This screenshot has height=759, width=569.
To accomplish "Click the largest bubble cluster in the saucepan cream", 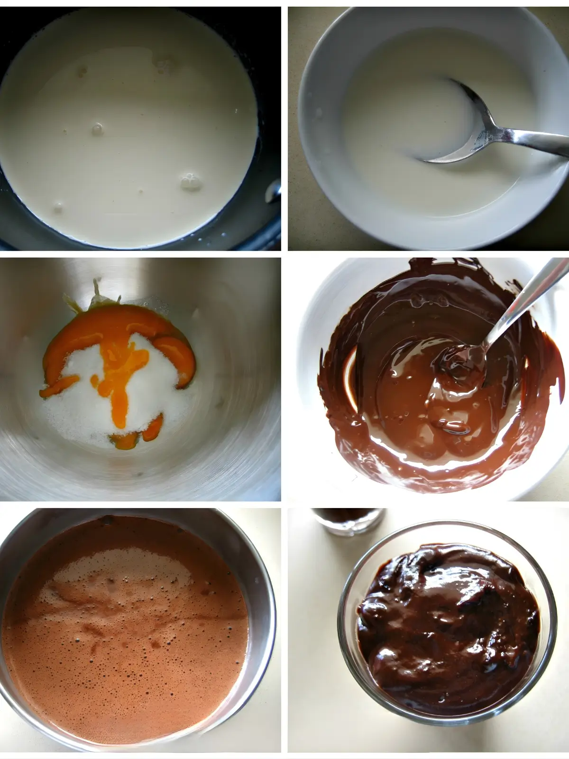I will (190, 182).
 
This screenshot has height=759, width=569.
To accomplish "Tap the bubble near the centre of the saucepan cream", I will (98, 128).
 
